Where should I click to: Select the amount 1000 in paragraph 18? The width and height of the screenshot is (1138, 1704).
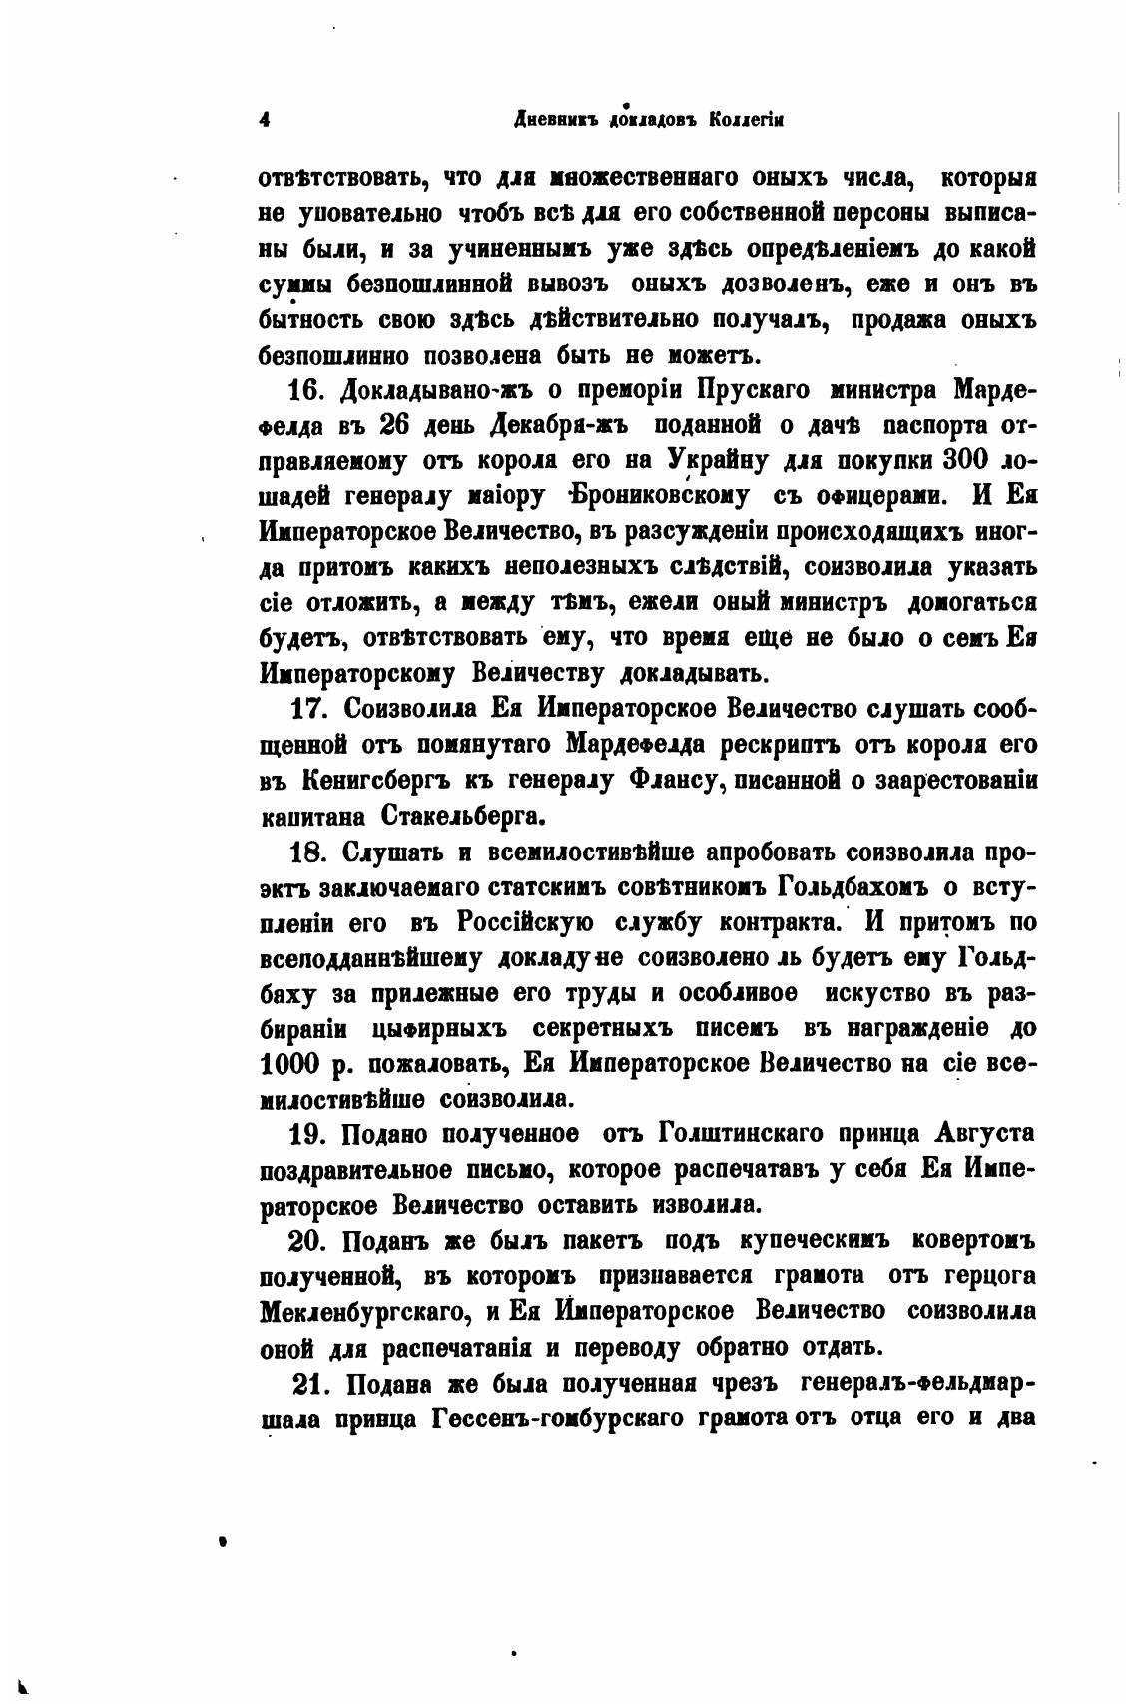pyautogui.click(x=289, y=1064)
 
